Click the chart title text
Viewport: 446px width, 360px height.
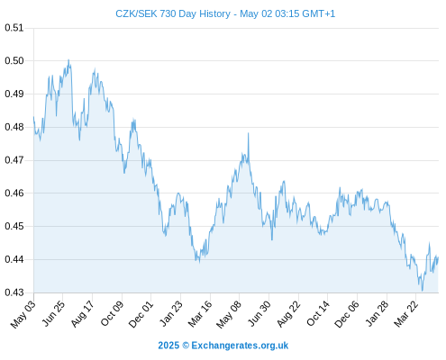tap(225, 13)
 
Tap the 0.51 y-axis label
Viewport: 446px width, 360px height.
tap(14, 28)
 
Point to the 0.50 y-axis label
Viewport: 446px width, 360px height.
tap(14, 61)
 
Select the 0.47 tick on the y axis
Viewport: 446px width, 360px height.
tap(14, 160)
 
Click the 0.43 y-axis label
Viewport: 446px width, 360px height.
tap(14, 292)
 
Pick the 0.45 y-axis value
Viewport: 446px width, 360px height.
tap(14, 226)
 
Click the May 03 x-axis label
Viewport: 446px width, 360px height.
tap(23, 314)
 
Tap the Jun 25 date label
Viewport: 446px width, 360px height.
tap(52, 313)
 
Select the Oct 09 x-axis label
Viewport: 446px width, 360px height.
tap(112, 313)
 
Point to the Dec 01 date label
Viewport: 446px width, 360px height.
tap(141, 314)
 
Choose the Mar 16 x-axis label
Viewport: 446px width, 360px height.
tap(200, 313)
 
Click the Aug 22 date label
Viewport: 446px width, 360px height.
tap(288, 313)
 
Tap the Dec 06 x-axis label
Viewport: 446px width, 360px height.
tap(347, 314)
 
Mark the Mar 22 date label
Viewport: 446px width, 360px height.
tap(405, 313)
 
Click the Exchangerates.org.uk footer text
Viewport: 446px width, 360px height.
tap(240, 346)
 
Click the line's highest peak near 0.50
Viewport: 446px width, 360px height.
tap(68, 59)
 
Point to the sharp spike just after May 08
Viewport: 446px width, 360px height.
tap(249, 133)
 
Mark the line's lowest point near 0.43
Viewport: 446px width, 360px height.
tap(423, 291)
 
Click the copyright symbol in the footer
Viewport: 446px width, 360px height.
tap(186, 346)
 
